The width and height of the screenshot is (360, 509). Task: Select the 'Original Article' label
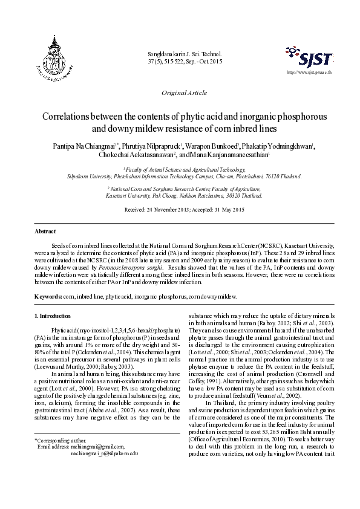pos(184,92)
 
